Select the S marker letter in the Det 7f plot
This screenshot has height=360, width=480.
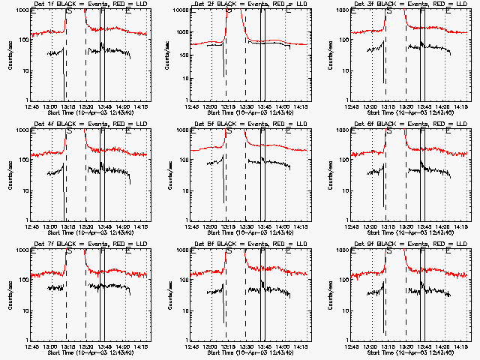tap(70, 252)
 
